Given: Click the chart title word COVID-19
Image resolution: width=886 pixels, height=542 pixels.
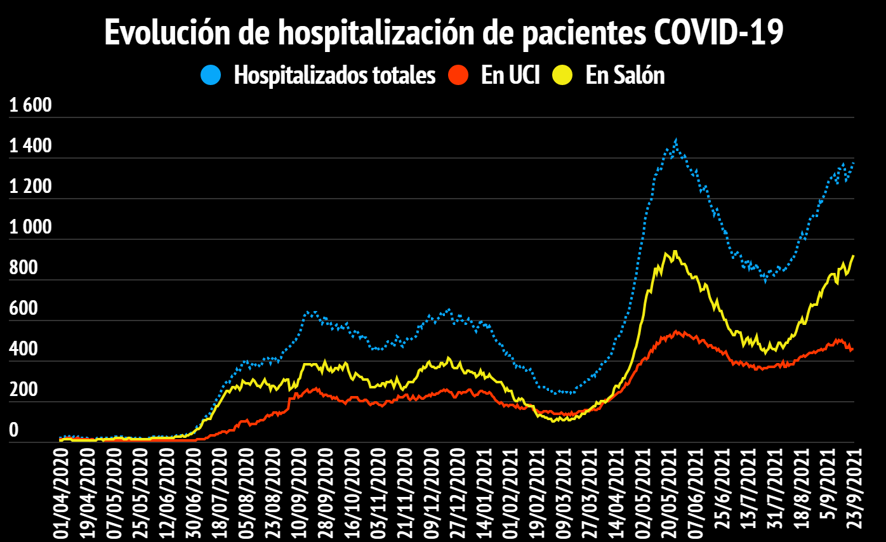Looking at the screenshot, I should (718, 33).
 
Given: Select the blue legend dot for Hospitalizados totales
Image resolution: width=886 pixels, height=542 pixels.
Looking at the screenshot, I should (211, 76).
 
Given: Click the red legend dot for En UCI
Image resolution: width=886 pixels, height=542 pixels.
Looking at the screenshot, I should (458, 76).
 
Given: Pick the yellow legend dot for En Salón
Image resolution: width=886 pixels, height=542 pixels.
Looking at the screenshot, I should (562, 76).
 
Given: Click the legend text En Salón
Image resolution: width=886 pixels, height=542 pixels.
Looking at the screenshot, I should (625, 76).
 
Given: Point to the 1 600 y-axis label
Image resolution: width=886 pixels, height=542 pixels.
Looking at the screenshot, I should (30, 106).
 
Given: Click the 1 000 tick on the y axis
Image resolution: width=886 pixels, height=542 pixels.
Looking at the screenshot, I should (30, 228).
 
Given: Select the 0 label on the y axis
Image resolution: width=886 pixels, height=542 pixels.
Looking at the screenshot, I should (14, 431).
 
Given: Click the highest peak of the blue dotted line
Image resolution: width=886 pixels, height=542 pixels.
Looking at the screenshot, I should (676, 140).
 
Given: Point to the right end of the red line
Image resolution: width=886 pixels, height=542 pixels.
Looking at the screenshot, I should (853, 348).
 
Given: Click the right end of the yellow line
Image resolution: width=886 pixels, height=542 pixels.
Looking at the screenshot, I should (854, 256).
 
